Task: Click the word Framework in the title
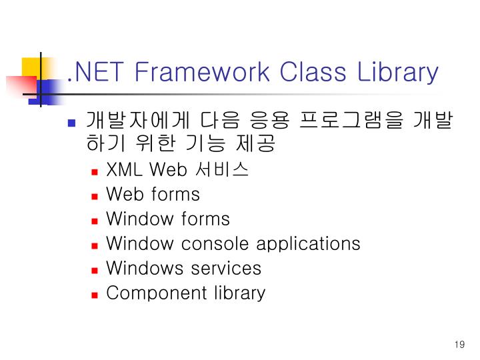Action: click(x=203, y=71)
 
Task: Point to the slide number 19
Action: click(x=458, y=345)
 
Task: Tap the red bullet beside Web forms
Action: click(x=95, y=195)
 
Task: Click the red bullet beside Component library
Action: click(x=95, y=294)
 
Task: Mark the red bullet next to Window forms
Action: click(x=95, y=220)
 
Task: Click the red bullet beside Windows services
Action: click(x=95, y=269)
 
